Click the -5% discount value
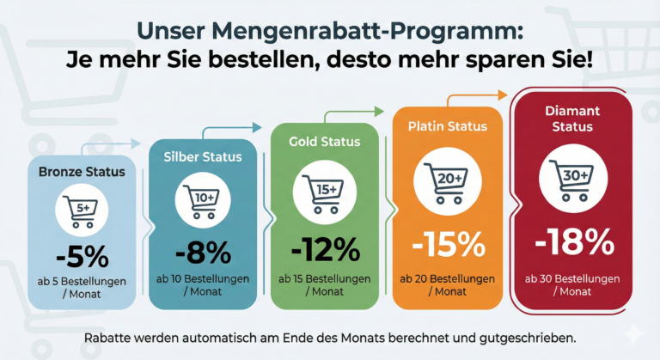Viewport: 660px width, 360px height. click(81, 256)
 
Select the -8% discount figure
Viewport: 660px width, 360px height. click(203, 253)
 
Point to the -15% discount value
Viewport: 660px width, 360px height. click(445, 244)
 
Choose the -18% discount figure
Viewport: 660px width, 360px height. click(574, 242)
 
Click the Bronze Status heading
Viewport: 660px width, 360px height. click(82, 172)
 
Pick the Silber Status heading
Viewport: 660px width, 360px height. click(203, 157)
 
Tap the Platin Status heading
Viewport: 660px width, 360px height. click(446, 126)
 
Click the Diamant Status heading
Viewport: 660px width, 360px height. click(574, 119)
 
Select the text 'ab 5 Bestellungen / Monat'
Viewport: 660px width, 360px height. click(82, 288)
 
